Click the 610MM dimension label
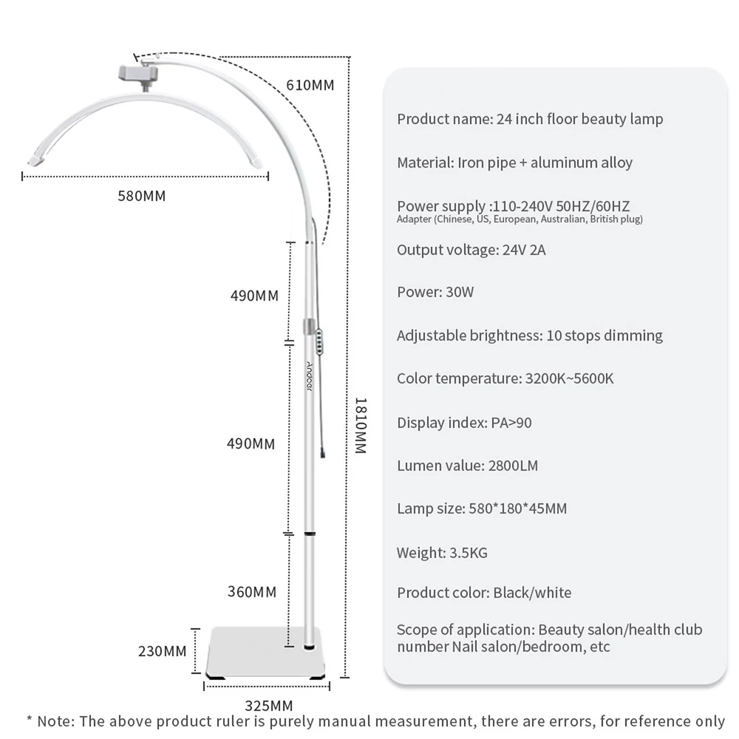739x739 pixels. pyautogui.click(x=310, y=85)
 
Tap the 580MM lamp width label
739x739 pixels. pyautogui.click(x=142, y=196)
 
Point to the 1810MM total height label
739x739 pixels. pyautogui.click(x=361, y=426)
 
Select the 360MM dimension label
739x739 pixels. pyautogui.click(x=252, y=592)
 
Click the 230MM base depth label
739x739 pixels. pyautogui.click(x=162, y=651)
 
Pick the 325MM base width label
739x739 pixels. pyautogui.click(x=269, y=706)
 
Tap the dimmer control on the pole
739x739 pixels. pyautogui.click(x=319, y=341)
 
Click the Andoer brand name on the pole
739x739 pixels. pyautogui.click(x=309, y=376)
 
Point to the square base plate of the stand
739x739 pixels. pyautogui.click(x=266, y=653)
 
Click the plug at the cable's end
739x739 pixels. pyautogui.click(x=323, y=453)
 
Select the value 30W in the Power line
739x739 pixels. pyautogui.click(x=460, y=292)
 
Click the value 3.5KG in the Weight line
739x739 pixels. pyautogui.click(x=469, y=553)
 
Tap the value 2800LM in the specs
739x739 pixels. pyautogui.click(x=514, y=466)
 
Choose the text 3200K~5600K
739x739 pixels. pyautogui.click(x=569, y=378)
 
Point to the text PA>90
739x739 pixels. pyautogui.click(x=511, y=423)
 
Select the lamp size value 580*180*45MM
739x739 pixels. pyautogui.click(x=518, y=508)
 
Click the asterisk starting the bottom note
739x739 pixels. pyautogui.click(x=30, y=719)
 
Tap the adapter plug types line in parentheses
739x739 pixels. pyautogui.click(x=520, y=219)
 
